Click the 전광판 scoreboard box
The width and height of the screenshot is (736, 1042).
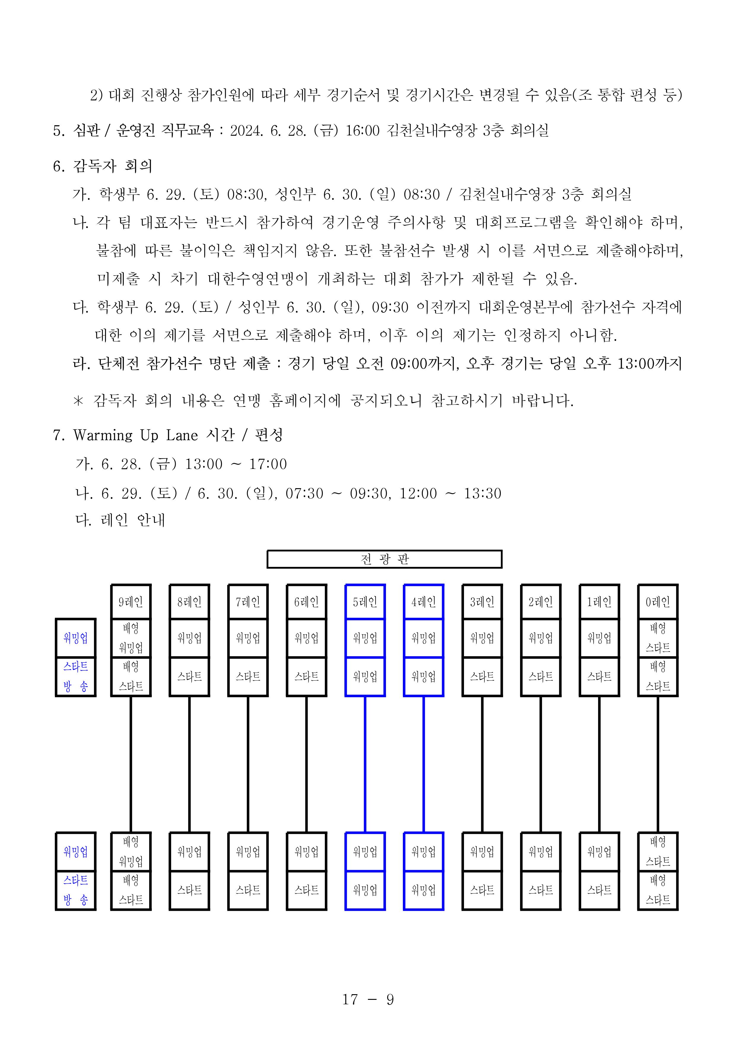(384, 559)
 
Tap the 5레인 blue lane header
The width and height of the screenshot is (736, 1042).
(365, 602)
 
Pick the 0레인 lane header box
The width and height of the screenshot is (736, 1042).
(658, 602)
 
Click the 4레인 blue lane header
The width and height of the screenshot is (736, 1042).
(424, 602)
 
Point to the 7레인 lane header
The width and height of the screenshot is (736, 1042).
(248, 602)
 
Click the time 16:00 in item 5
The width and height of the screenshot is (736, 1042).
(362, 131)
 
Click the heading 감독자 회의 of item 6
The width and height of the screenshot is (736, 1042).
(112, 166)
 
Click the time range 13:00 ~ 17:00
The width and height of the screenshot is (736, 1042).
(236, 464)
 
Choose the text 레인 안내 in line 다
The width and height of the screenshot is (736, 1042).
(133, 520)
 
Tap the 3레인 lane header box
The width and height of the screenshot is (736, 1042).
(482, 602)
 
